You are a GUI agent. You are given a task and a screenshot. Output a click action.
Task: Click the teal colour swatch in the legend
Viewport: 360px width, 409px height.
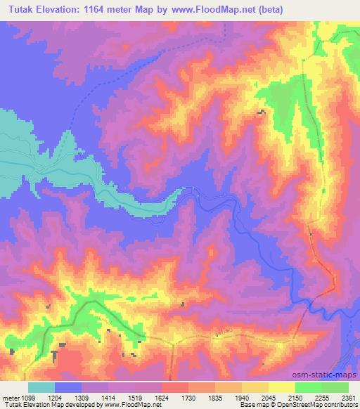point(41,387)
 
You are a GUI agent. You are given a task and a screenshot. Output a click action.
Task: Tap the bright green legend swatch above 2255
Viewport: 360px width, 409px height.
point(309,387)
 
